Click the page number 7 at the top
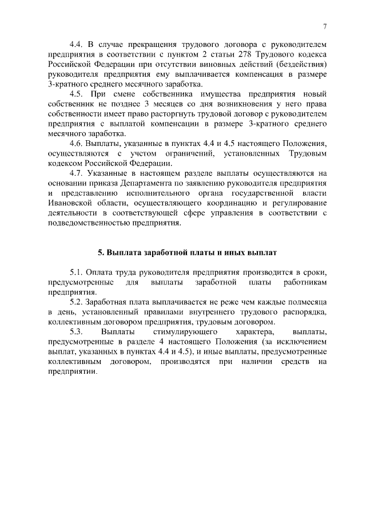(x=324, y=26)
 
